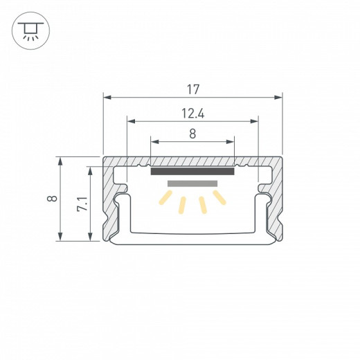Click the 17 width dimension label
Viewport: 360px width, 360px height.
click(193, 89)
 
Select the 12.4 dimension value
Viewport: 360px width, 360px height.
click(193, 113)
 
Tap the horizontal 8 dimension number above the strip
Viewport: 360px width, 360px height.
click(193, 134)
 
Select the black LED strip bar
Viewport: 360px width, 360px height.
click(192, 171)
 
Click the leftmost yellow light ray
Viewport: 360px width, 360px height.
click(167, 199)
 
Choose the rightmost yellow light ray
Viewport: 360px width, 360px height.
click(219, 198)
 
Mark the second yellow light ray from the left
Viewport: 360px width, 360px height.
click(183, 205)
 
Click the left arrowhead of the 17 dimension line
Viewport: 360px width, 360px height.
click(107, 96)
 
